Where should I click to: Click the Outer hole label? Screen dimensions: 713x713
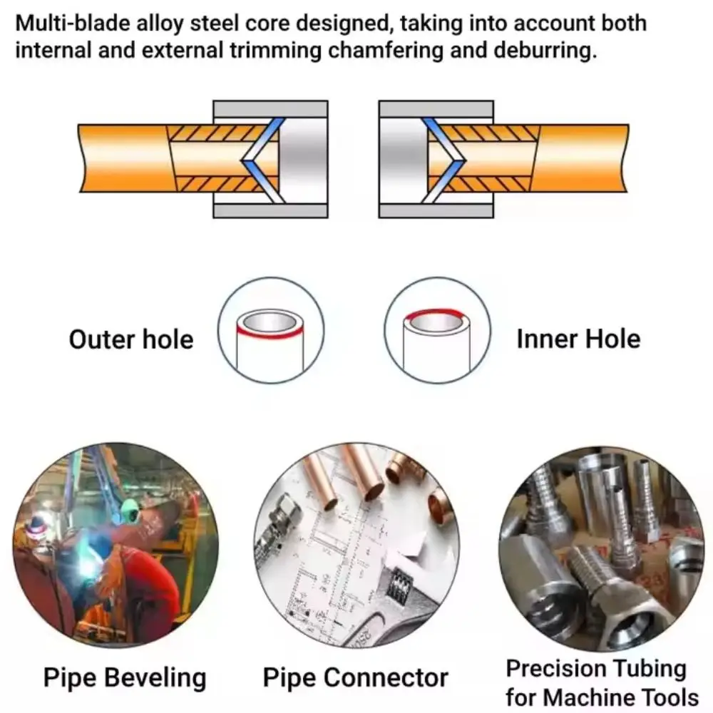pos(130,339)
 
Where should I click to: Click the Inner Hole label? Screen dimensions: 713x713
pos(578,339)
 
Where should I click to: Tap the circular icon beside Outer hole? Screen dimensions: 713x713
pos(271,331)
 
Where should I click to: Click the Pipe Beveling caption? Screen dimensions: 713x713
pos(125,677)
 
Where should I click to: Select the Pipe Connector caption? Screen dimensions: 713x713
pos(356,677)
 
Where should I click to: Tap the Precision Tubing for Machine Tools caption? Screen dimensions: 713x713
pos(600,682)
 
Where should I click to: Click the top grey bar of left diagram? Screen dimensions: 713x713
pos(270,109)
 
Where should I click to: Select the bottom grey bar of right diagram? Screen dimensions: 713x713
pos(436,210)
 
